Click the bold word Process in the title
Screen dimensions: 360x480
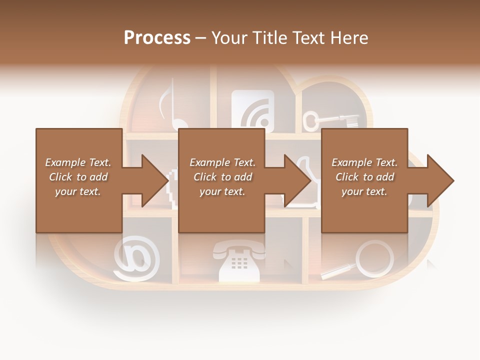[x=157, y=38]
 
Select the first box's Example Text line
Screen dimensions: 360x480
[x=78, y=162]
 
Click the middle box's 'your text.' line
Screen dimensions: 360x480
[x=222, y=191]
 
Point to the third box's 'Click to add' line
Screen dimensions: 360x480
[x=364, y=177]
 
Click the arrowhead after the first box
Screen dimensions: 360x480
[x=155, y=180]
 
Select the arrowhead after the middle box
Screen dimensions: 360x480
[x=298, y=180]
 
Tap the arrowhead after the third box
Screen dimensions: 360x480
[x=440, y=180]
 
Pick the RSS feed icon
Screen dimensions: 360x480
[x=252, y=110]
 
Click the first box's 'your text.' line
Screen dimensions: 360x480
[x=78, y=191]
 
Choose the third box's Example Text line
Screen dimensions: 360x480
[x=364, y=162]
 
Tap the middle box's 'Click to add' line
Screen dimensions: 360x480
[x=222, y=177]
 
